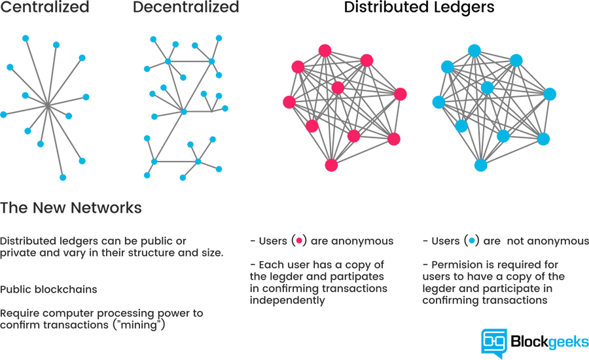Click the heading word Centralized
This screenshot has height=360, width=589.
pos(45,8)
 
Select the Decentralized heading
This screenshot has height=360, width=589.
pos(186,8)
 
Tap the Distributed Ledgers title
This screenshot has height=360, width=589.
pos(419,8)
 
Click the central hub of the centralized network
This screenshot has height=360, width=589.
pos(48,104)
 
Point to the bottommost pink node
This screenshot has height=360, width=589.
pos(331,165)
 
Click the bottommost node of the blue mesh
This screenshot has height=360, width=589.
pos(481,165)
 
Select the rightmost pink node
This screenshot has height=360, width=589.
pos(400,94)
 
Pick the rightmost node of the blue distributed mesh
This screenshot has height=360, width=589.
pos(550,94)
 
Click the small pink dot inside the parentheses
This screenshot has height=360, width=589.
pos(299,241)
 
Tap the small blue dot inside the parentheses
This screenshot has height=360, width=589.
pos(472,241)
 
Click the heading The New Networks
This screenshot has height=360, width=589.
pos(71,208)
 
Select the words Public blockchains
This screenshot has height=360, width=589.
pos(48,289)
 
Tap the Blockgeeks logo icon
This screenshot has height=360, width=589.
pos(494,342)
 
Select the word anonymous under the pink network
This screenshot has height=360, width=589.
pos(362,241)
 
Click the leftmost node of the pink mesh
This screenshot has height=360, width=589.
pos(289,102)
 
